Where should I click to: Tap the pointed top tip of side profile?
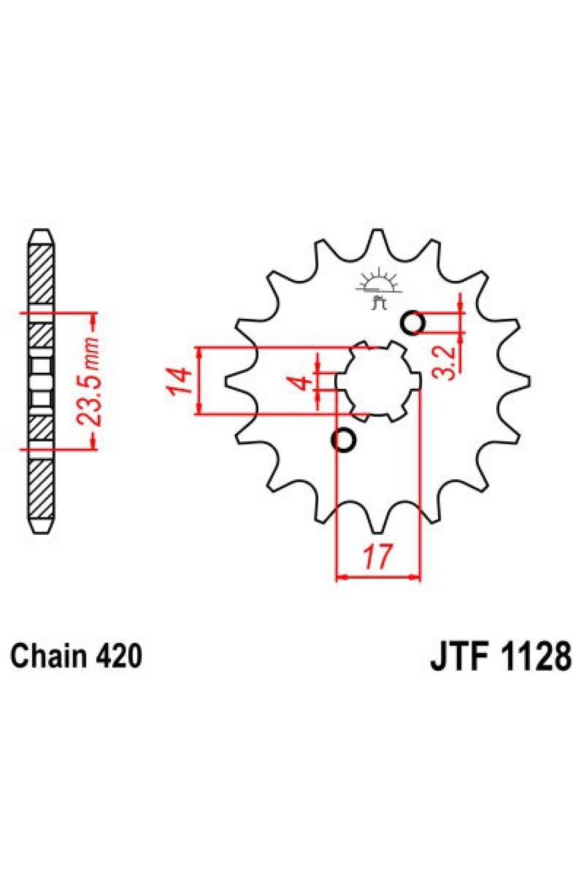41,233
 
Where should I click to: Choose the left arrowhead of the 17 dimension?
340,577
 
